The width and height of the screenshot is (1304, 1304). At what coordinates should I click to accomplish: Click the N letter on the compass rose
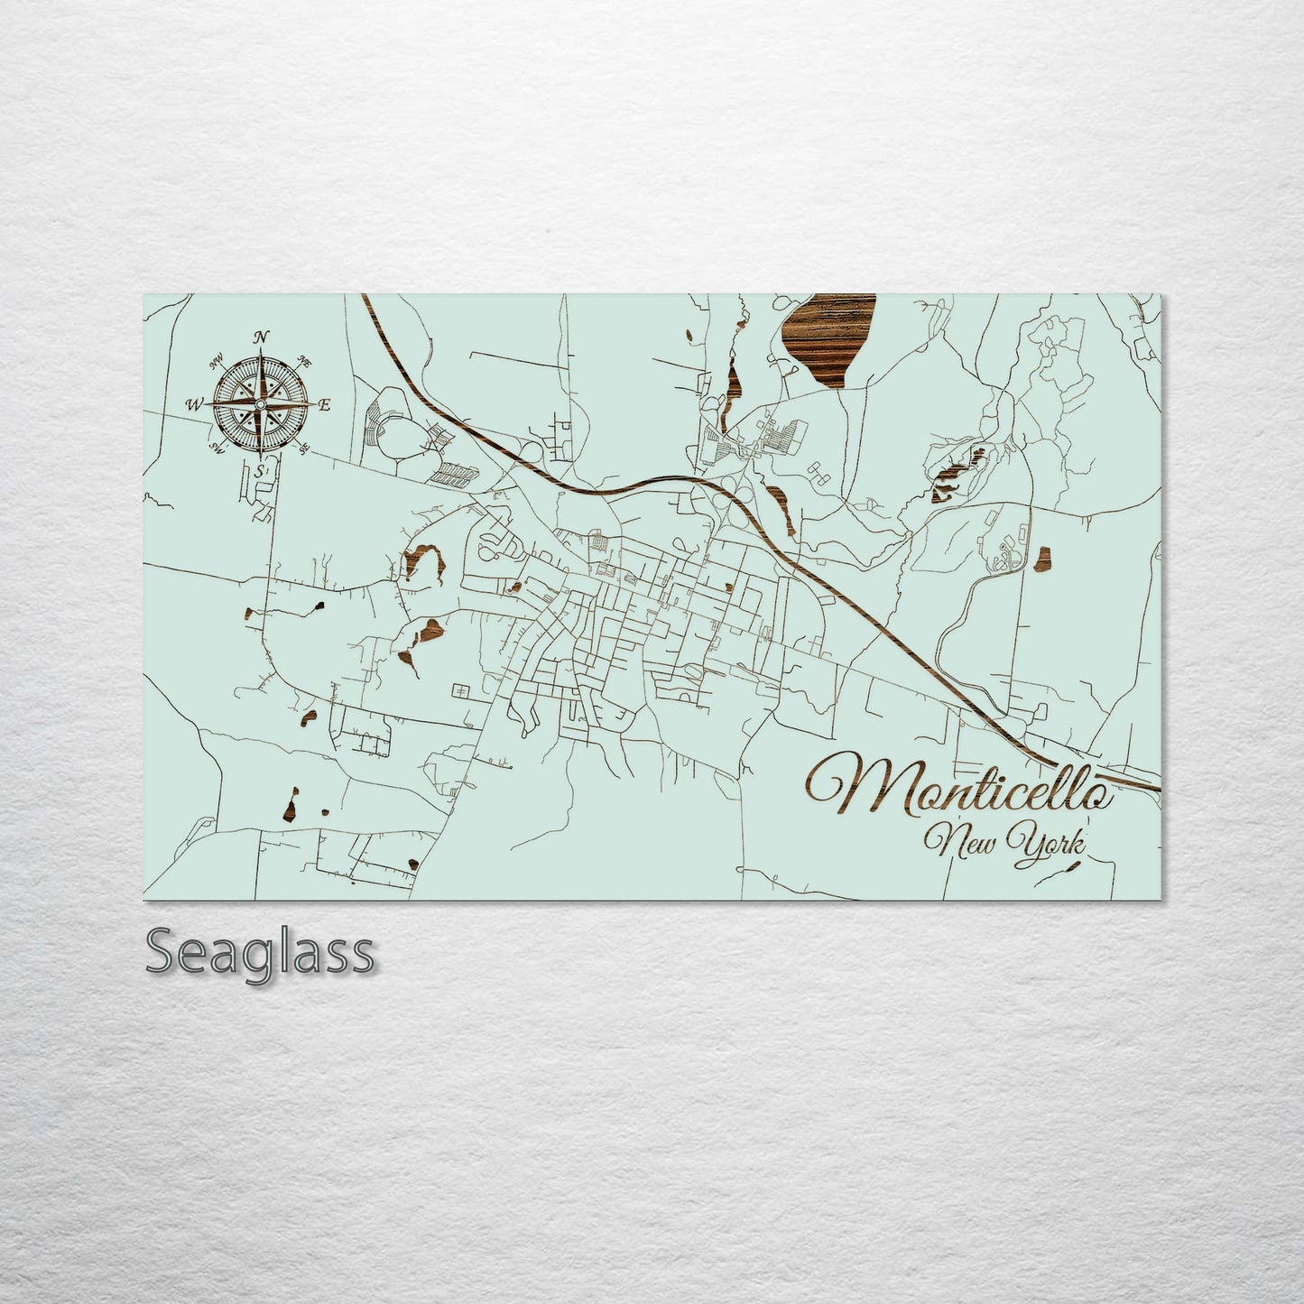262,338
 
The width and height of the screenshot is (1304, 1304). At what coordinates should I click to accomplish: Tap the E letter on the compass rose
325,405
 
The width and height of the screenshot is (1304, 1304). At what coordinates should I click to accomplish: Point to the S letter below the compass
260,471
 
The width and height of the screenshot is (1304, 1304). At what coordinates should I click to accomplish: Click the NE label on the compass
305,363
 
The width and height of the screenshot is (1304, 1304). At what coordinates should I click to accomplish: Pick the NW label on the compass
217,363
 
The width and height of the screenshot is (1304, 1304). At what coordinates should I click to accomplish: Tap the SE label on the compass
305,448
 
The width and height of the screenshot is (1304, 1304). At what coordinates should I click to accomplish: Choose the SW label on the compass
217,448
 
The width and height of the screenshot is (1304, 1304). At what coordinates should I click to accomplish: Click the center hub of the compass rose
260,405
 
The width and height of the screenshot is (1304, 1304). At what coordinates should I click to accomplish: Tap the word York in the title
1050,841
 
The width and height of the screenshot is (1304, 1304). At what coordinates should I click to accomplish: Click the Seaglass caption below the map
259,951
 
